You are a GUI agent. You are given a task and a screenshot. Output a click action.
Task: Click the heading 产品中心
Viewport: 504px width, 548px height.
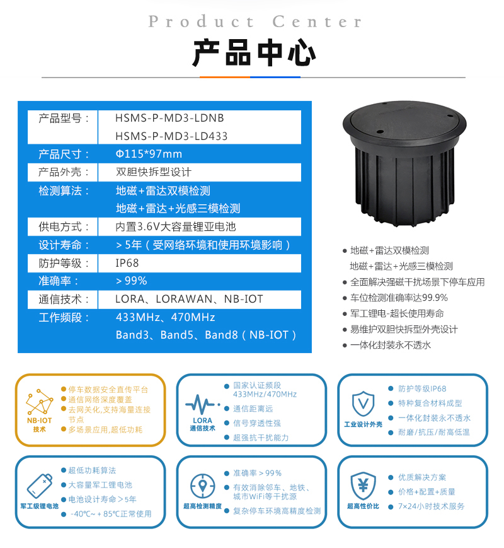tap(254, 53)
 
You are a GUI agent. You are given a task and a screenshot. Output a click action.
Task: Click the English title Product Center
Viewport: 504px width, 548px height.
tap(255, 21)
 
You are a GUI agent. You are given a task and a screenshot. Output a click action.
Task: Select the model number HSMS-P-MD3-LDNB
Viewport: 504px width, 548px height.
tap(169, 118)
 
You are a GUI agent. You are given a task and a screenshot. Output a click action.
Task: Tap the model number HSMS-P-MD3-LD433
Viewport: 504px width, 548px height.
tap(171, 136)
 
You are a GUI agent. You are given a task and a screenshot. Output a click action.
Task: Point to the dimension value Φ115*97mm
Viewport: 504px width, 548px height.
tap(149, 154)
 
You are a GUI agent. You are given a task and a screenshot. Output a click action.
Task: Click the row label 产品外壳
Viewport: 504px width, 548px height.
tap(63, 172)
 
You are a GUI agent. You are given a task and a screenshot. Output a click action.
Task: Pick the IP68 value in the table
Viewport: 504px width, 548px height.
tap(127, 263)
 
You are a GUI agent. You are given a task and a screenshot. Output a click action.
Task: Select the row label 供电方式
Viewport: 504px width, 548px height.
tap(63, 226)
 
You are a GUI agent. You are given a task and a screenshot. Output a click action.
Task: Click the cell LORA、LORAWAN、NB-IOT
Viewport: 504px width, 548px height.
tap(189, 299)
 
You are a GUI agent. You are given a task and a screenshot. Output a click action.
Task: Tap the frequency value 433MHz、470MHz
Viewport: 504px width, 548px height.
tap(166, 317)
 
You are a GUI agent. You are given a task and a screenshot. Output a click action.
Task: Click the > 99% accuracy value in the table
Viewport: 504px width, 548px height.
tap(131, 281)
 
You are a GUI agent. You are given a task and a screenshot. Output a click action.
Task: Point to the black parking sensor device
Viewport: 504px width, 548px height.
tap(404, 163)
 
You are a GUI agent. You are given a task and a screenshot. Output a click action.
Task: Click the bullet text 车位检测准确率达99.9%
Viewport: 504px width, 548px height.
tap(399, 298)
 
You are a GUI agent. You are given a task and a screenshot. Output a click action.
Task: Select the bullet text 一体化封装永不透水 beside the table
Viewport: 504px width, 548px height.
tap(391, 346)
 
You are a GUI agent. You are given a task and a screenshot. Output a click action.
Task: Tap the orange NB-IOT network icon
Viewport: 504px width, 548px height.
tap(40, 402)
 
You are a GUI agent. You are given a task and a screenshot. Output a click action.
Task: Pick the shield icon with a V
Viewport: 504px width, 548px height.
tap(364, 404)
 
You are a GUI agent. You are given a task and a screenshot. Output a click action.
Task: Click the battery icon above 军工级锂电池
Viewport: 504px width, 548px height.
tap(40, 486)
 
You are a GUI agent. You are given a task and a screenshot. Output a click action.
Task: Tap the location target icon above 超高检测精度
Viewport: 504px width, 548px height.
tap(203, 486)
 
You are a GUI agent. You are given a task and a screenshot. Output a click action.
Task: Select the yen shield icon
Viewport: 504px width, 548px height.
tap(364, 486)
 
